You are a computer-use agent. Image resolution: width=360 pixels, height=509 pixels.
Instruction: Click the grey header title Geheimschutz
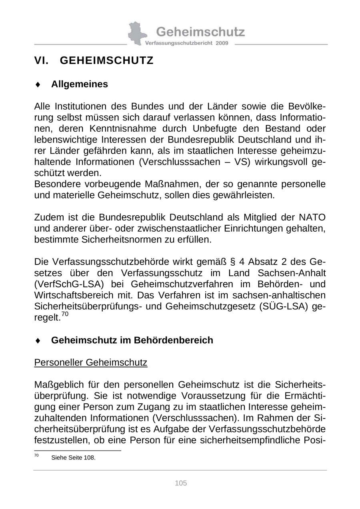point(200,32)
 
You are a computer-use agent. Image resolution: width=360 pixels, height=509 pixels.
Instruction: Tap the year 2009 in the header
point(222,43)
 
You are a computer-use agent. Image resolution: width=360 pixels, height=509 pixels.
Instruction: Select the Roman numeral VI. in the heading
point(41,60)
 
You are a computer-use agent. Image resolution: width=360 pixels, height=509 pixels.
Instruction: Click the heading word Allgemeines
point(80,84)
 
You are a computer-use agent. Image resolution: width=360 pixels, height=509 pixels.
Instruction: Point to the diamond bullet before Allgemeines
point(38,84)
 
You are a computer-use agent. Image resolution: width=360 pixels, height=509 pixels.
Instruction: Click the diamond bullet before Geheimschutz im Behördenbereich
point(38,341)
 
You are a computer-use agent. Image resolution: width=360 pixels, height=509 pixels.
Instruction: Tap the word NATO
point(312,217)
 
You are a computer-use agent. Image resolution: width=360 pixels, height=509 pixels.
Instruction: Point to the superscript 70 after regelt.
point(65,315)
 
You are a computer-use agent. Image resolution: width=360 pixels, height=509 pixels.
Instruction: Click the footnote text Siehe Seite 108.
point(73,458)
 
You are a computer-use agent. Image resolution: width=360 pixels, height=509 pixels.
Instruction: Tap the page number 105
point(181,483)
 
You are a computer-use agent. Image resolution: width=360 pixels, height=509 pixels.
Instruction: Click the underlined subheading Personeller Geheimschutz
point(91,363)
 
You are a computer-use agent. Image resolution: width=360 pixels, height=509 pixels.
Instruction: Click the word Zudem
point(47,217)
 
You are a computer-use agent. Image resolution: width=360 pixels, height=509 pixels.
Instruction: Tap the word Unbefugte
point(217,128)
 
